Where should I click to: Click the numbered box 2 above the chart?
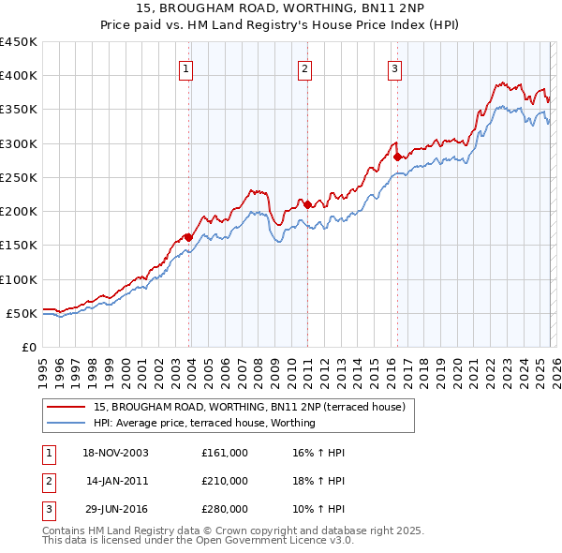click(305, 68)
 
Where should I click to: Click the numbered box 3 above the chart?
click(395, 68)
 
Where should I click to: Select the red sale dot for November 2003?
click(188, 237)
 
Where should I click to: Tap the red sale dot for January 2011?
click(307, 203)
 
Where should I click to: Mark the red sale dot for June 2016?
click(397, 157)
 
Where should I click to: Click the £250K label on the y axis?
click(19, 177)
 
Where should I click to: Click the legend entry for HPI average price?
click(203, 423)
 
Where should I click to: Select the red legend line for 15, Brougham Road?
click(66, 407)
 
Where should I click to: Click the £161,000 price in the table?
click(224, 453)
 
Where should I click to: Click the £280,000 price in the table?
click(224, 509)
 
